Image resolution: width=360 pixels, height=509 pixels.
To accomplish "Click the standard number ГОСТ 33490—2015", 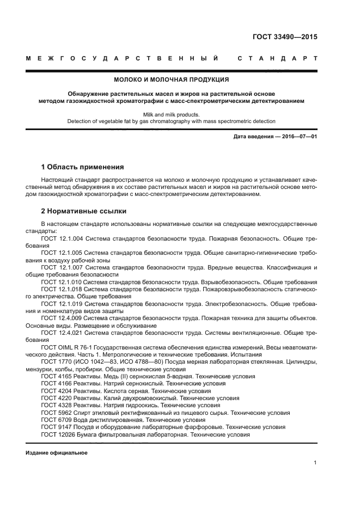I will (x=285, y=38).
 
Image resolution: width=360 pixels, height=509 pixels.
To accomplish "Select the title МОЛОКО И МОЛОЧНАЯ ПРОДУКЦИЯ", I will (x=171, y=79).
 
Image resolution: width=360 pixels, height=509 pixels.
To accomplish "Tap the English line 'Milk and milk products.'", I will (x=171, y=114).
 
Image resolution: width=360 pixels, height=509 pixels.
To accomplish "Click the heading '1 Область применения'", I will (x=82, y=167).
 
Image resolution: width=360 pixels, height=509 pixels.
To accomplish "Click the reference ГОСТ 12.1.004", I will (x=62, y=238).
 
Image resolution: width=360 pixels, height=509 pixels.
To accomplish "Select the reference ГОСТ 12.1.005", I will (x=62, y=253).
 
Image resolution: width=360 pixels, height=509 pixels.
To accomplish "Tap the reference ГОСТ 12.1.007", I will (x=62, y=267).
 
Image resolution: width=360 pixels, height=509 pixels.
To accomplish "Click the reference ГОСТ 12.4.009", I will (x=62, y=317).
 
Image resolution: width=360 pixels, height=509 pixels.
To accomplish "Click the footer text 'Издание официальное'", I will (x=56, y=453).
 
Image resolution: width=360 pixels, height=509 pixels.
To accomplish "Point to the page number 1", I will (x=315, y=463).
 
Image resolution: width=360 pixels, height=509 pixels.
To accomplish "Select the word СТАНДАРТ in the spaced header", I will (x=278, y=58).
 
